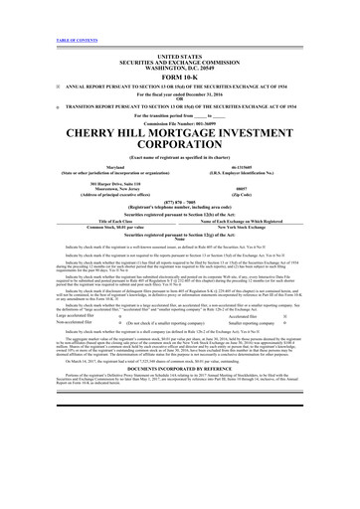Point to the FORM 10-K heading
click(x=179, y=77)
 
